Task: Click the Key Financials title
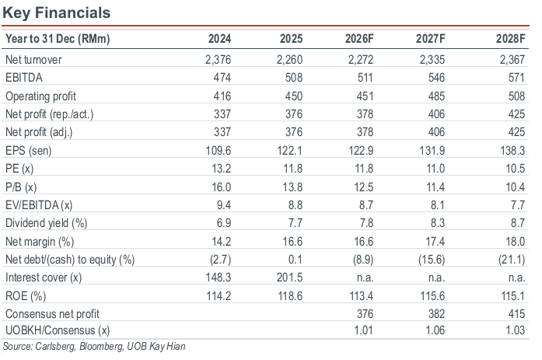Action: coord(56,12)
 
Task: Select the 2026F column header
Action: coord(359,38)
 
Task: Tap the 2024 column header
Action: coord(219,38)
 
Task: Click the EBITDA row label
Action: coord(24,78)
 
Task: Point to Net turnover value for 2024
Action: coord(218,60)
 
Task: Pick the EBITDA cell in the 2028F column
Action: coord(516,78)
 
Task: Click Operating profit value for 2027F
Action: coord(436,96)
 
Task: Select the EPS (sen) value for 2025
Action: coord(290,151)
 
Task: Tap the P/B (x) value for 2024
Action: coord(221,187)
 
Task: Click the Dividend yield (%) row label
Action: coord(47,223)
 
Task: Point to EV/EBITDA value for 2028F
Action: coord(518,204)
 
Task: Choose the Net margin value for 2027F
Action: coord(435,241)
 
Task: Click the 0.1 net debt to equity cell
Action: coord(295,259)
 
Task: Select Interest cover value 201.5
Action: coord(290,277)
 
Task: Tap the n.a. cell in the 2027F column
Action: coord(436,277)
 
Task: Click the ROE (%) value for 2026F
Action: coord(362,295)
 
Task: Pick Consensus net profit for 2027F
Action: coord(436,313)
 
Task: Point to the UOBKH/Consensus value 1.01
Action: coord(363,330)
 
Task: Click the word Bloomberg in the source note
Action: coord(101,346)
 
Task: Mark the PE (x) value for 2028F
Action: coord(515,169)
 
